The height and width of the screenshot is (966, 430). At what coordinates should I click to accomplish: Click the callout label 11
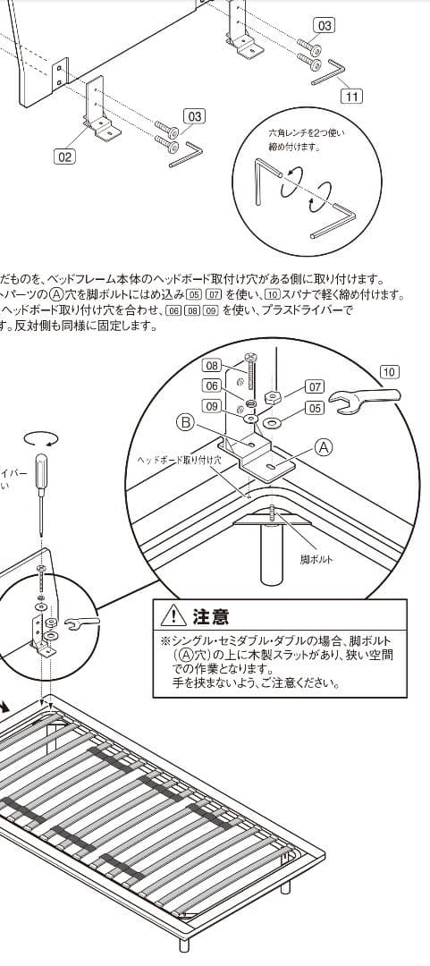coord(354,92)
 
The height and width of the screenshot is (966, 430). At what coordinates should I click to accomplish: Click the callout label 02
coord(64,157)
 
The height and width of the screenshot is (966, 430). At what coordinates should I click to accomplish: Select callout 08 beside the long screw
coord(212,365)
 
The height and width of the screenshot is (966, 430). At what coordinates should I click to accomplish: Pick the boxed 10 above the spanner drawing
coord(389,371)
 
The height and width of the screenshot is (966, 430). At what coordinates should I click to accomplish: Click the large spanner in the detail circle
coord(366,402)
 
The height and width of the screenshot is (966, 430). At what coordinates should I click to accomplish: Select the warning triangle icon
coord(172,616)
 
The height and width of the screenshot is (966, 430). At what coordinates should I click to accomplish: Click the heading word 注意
coord(211,616)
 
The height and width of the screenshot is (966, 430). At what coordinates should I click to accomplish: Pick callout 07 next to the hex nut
coord(315,386)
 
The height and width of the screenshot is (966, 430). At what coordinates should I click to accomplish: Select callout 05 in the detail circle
coord(315,408)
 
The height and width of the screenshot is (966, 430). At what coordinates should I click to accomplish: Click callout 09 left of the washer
coord(212,406)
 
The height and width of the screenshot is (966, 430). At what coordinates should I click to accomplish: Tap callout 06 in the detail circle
coord(212,386)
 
